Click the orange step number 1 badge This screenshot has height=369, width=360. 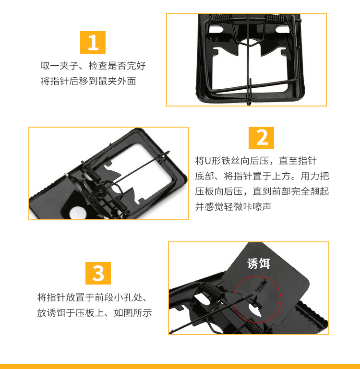point(93,42)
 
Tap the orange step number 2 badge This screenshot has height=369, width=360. point(261,138)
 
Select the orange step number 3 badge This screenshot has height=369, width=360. point(98,273)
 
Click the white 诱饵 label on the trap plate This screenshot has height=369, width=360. point(259,263)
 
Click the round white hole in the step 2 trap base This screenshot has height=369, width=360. point(78,213)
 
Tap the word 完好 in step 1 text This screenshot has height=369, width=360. point(136,66)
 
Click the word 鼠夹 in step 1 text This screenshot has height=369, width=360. point(108,81)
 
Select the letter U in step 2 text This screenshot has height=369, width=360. point(208,161)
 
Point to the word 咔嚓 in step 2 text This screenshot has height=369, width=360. point(252,207)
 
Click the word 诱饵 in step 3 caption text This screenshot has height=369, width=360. point(56,313)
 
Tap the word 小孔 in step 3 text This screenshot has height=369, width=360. point(123,298)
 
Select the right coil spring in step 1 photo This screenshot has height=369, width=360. point(275,19)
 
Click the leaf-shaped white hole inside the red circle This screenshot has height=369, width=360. point(255,310)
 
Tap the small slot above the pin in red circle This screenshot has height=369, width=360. point(261,285)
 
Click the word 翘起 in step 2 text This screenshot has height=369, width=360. point(319,191)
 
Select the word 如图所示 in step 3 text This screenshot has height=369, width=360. point(133,313)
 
